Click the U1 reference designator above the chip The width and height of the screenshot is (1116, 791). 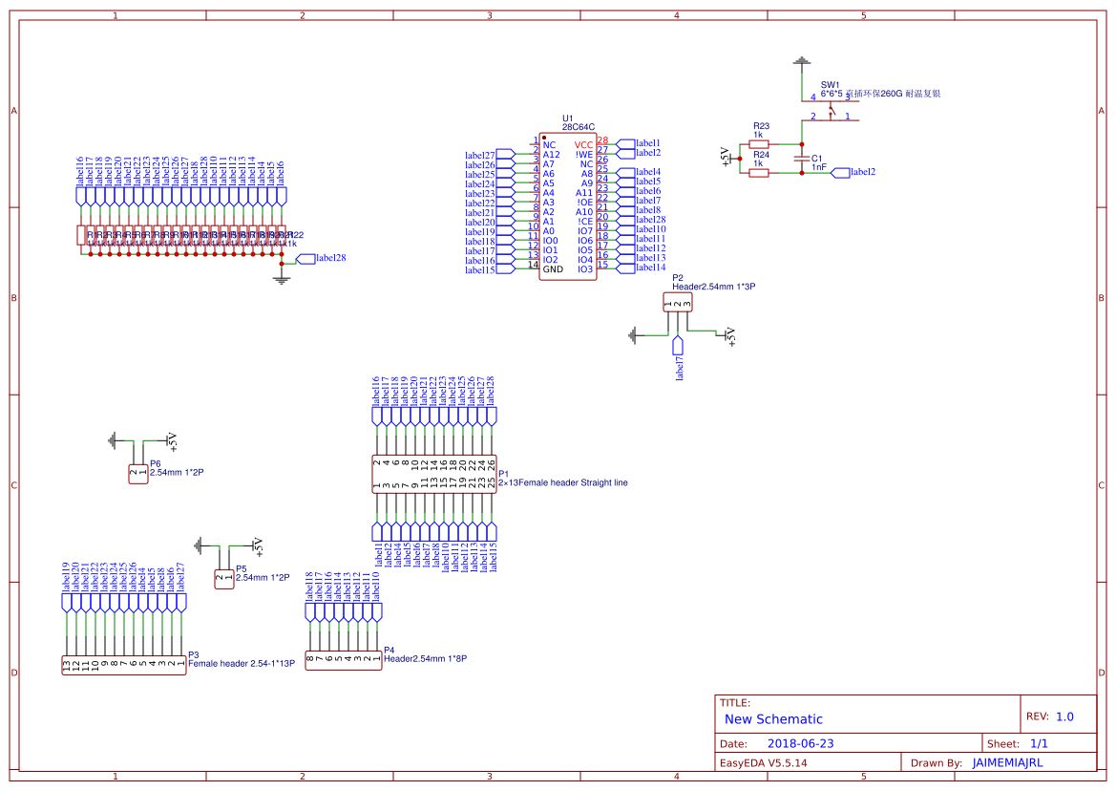pos(568,118)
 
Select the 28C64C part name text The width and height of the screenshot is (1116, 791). pos(579,126)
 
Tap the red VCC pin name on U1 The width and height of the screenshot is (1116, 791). pos(583,144)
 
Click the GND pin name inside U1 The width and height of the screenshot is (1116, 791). pos(553,269)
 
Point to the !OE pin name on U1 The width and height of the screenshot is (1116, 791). pos(584,203)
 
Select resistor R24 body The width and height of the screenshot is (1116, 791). pos(760,172)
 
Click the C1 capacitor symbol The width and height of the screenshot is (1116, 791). pos(801,159)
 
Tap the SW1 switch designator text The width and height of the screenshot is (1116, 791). pos(831,85)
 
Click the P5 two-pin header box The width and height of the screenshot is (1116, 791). pos(223,578)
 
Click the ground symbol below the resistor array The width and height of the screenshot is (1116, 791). pos(281,278)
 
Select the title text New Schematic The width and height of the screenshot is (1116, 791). pos(773,719)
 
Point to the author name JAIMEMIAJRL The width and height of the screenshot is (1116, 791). pos(1007,762)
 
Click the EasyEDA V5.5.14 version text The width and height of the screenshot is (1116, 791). pos(763,762)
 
